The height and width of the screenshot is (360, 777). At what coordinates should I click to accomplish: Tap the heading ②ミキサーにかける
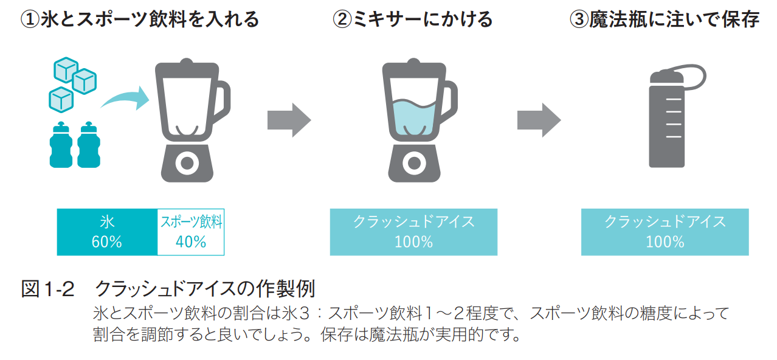point(413,19)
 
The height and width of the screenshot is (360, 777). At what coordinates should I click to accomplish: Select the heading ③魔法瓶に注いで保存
point(664,19)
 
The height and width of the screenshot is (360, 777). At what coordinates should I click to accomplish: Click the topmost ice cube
point(65,70)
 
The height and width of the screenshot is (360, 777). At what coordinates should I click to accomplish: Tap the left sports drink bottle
point(60,145)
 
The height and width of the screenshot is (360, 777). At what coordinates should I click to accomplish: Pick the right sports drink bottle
point(88,145)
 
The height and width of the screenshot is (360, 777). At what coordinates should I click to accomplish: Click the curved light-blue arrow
point(125,99)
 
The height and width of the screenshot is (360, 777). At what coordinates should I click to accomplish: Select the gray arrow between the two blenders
point(289,120)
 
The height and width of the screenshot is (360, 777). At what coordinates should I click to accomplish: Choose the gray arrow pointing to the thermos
point(539,120)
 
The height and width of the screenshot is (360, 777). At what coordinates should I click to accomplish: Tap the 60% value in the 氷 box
point(107,242)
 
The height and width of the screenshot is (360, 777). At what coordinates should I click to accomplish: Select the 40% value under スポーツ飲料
point(191,242)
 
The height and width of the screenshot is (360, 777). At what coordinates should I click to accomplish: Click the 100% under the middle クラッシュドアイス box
point(413,242)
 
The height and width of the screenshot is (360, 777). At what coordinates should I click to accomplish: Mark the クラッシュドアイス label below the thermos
point(665,221)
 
